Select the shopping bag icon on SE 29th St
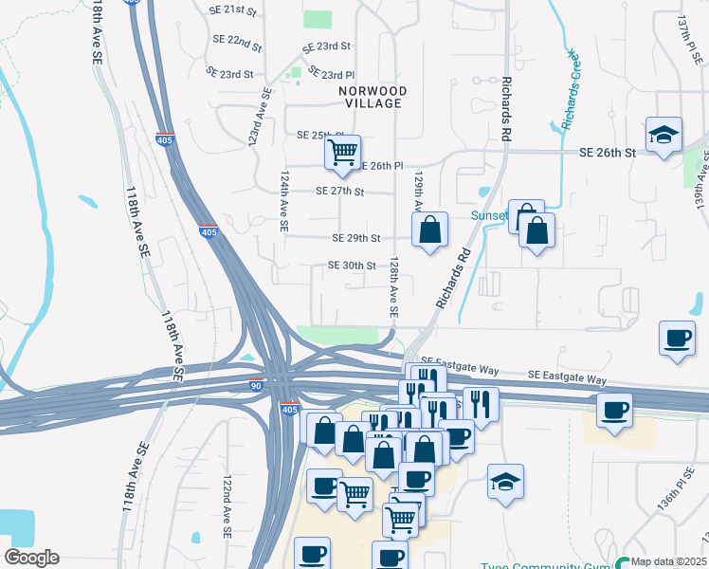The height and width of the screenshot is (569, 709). click(x=430, y=229)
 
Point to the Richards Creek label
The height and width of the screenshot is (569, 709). click(x=572, y=91)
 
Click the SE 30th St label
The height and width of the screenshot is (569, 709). click(x=352, y=266)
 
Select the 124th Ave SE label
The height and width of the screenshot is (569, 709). click(x=283, y=202)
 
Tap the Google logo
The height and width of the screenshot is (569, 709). click(x=31, y=558)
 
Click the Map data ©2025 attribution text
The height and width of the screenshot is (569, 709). click(x=669, y=561)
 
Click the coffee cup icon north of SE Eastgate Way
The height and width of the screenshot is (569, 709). click(x=678, y=340)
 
